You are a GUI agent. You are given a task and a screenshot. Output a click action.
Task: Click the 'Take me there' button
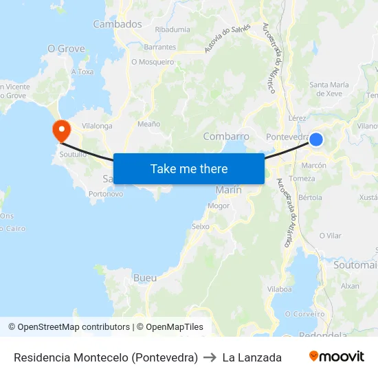coord(189,168)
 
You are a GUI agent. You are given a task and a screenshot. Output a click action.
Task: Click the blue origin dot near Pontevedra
coord(316,140)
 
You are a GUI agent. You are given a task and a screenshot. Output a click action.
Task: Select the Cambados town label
coord(118,24)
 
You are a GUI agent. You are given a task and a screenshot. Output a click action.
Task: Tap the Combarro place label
coord(226,136)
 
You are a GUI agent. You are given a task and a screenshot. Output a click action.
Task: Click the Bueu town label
coord(145,278)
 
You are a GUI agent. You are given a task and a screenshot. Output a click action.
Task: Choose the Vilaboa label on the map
coord(280,289)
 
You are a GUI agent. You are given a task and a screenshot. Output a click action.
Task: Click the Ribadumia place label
coord(173,30)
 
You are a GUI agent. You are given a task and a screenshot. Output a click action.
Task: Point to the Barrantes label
coord(160,47)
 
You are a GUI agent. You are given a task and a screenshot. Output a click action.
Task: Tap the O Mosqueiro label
coord(153,62)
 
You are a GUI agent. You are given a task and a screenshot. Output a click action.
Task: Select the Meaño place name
coord(148,124)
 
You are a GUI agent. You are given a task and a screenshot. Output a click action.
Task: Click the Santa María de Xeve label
coord(326,89)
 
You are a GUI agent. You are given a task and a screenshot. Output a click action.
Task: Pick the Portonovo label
coord(106,194)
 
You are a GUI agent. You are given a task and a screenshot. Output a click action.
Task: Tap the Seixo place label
coord(201,226)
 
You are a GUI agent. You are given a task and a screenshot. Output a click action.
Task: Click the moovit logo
coord(336,357)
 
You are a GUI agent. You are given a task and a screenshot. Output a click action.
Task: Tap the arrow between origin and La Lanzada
coord(210,357)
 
